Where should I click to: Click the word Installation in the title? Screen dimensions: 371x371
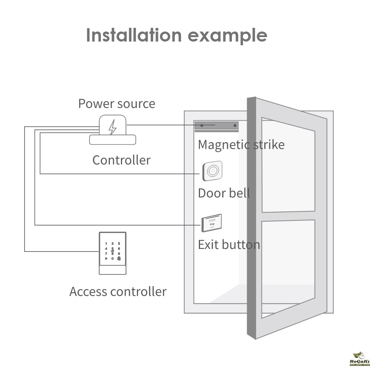pos(134,35)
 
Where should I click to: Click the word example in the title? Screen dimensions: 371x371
pos(227,36)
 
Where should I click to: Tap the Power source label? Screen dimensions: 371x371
pos(116,104)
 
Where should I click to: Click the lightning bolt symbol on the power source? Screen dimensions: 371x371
pos(112,128)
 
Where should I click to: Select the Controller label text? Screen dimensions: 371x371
pos(121,160)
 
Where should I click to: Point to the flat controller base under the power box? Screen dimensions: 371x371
pos(113,140)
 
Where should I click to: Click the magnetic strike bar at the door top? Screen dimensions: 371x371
pos(217,126)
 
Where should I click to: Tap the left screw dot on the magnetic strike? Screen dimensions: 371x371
pos(202,126)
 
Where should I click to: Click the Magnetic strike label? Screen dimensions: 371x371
pos(241,144)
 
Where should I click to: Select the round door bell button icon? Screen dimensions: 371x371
pos(212,171)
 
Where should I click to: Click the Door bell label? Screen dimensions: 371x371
pos(224,193)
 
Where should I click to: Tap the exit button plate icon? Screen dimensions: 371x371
pos(211,223)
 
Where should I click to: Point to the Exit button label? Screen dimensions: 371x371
pos(229,245)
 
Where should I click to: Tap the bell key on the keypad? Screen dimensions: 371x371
pos(119,258)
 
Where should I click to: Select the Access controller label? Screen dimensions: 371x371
pos(118,292)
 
